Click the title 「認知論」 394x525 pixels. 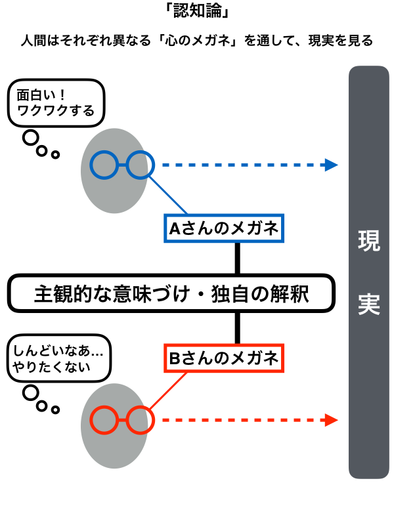pos(197,12)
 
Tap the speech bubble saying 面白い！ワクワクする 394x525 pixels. pos(56,102)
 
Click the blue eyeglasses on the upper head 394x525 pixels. pos(121,165)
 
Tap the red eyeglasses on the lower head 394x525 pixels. pos(121,420)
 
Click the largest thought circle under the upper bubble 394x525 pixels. pos(30,138)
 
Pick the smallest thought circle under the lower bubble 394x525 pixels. pos(56,410)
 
